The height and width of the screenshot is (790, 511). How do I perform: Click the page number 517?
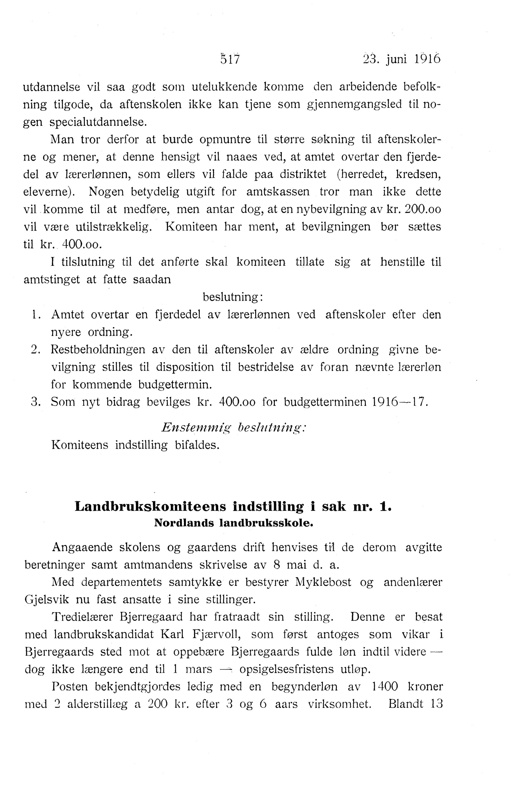(230, 59)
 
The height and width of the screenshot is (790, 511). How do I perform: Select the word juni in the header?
(396, 59)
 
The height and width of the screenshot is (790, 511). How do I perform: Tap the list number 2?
(35, 349)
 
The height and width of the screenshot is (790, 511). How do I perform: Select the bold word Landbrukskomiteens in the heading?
(150, 507)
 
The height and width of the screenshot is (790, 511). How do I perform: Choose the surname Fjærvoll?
(216, 634)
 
